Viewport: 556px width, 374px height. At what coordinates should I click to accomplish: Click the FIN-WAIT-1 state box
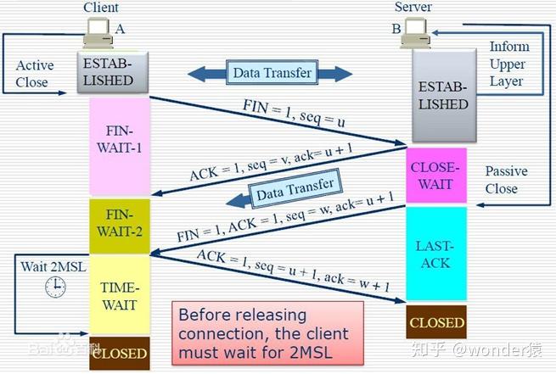[x=120, y=146]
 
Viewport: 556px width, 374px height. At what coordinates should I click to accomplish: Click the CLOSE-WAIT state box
[x=436, y=176]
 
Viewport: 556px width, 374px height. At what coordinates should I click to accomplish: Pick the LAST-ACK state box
[x=436, y=254]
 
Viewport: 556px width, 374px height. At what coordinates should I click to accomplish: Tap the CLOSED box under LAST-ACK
[x=436, y=322]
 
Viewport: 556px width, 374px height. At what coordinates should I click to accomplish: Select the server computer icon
[x=418, y=31]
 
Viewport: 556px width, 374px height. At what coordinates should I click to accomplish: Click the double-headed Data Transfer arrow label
[x=269, y=73]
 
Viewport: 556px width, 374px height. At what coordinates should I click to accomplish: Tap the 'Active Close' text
[x=34, y=74]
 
